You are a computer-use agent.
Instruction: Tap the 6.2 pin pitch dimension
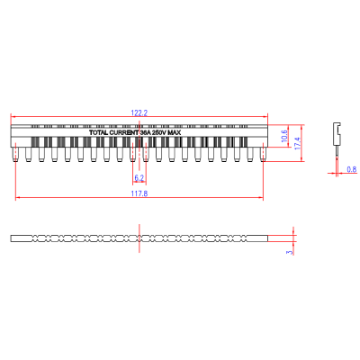click(139, 177)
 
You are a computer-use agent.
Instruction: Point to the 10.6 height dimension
click(284, 137)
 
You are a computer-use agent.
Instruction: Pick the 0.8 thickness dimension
click(350, 169)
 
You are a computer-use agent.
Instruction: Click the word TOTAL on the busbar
click(99, 132)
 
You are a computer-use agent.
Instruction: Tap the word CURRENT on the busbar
click(124, 132)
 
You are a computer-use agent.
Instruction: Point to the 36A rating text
click(145, 132)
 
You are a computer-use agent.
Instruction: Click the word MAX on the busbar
click(177, 132)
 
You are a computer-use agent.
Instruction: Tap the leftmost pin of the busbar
click(16, 155)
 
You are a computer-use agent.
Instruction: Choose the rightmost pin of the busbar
click(263, 155)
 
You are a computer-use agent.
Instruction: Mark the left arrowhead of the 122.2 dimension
click(13, 117)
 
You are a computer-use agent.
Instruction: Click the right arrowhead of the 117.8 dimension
click(261, 198)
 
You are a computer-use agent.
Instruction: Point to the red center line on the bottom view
click(139, 238)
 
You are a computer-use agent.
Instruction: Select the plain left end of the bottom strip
click(20, 238)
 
